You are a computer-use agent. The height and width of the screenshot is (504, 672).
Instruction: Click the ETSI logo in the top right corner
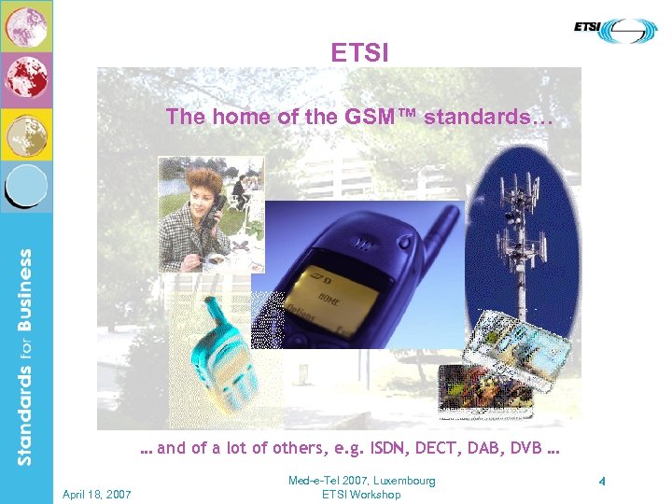615,30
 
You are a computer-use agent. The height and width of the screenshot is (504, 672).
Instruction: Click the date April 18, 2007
96,494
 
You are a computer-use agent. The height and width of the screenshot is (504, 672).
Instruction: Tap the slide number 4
602,483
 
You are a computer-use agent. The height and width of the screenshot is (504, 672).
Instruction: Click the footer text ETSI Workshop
361,495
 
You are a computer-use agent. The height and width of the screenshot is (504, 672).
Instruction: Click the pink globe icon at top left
26,25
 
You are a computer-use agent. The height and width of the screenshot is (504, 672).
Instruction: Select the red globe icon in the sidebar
26,80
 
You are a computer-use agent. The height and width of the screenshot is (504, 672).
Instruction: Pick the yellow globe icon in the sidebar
26,133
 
